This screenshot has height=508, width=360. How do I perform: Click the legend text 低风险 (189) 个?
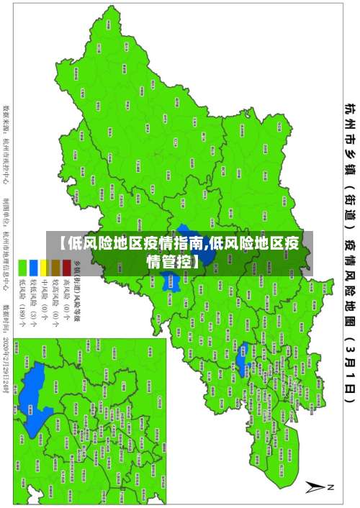point(23,299)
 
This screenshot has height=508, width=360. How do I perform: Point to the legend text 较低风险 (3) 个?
point(34,299)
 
